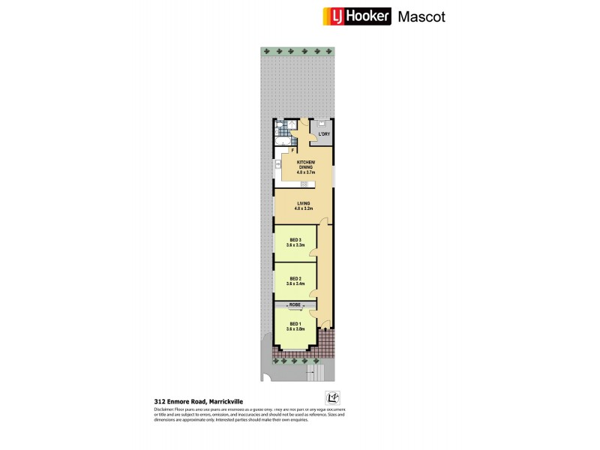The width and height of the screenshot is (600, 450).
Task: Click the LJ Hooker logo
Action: coord(356,16)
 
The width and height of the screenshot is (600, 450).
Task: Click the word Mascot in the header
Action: coord(421,16)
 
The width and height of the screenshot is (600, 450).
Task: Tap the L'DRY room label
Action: coord(323,134)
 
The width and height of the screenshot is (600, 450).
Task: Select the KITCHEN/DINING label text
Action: coord(305,165)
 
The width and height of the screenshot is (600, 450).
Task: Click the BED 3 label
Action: coord(295,240)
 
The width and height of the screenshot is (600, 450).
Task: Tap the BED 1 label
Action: coord(295,324)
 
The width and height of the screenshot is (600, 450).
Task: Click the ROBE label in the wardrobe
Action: coord(295,305)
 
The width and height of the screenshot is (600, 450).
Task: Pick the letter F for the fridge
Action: coord(293,151)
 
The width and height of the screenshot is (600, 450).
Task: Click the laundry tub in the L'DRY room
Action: coord(322,124)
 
